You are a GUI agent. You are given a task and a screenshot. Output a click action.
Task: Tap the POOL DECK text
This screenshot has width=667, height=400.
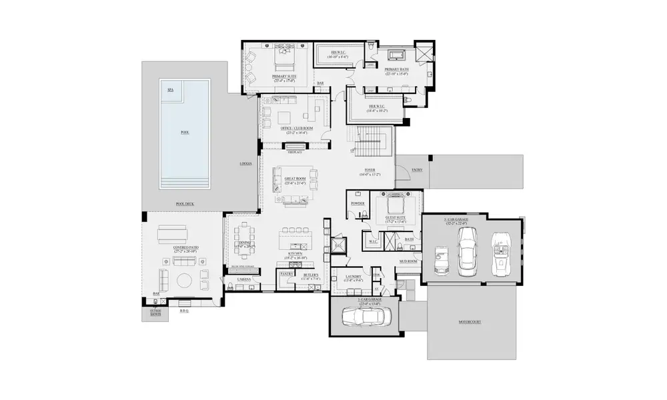(x=184, y=204)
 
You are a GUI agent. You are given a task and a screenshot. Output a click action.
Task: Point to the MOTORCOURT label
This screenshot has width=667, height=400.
(x=470, y=321)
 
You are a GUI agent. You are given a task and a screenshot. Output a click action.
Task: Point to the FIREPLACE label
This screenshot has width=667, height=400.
(x=294, y=152)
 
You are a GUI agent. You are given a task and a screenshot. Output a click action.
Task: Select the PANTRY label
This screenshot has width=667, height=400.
(x=287, y=273)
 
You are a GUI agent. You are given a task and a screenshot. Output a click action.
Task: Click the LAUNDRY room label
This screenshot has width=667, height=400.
(x=354, y=277)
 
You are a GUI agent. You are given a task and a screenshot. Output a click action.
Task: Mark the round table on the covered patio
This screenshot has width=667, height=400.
(x=182, y=279)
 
